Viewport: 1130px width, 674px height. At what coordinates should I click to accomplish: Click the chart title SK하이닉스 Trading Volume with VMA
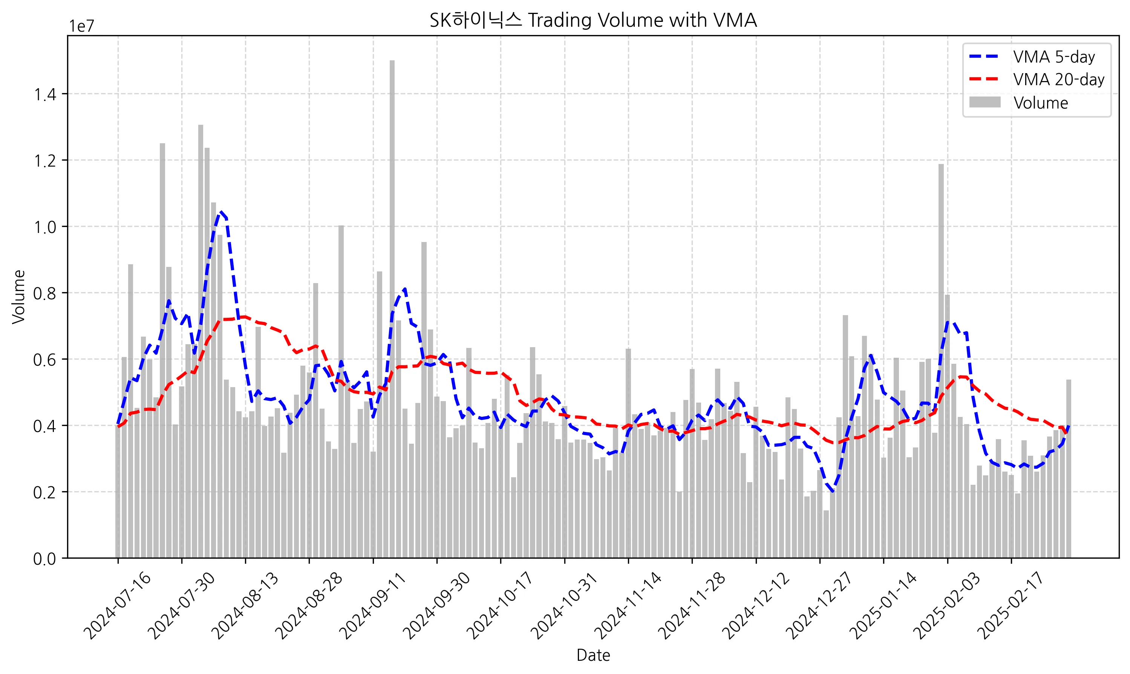pos(593,20)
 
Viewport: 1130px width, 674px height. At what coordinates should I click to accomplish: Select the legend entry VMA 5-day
pos(1053,57)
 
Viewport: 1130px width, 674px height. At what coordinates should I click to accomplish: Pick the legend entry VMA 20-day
pos(1058,80)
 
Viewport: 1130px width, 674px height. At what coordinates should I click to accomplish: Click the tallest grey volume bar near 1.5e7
pos(392,309)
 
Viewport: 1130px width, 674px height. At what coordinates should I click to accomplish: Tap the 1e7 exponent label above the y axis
pos(81,26)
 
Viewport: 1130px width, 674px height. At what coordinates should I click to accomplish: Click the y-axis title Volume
pos(18,297)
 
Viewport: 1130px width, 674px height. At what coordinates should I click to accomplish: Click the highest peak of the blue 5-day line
pos(220,211)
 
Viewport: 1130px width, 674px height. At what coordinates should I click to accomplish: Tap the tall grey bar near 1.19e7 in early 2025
pos(941,363)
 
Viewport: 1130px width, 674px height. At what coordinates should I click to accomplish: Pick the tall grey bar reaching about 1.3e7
pos(201,341)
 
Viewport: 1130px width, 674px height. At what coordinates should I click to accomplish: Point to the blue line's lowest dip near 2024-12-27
pos(832,492)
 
